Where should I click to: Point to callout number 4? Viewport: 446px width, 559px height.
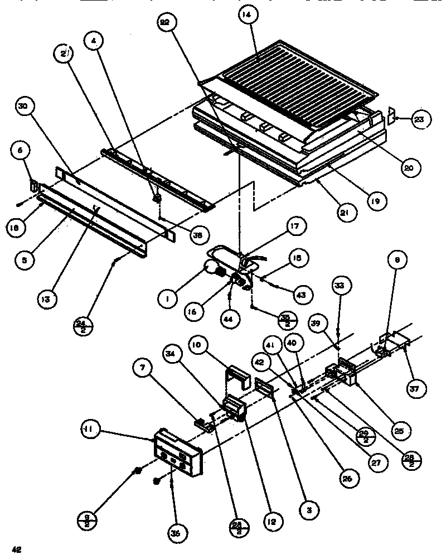93,41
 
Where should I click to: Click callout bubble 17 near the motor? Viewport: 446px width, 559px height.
294,227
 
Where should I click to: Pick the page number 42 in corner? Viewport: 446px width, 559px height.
17,550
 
